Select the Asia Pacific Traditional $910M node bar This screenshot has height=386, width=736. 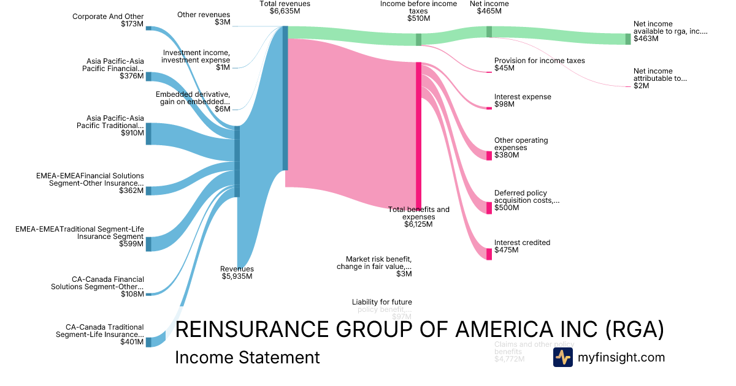[148, 134]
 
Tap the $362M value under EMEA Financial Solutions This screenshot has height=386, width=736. [131, 191]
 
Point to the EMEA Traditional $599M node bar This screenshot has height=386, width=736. [148, 244]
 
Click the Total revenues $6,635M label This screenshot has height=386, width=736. [285, 7]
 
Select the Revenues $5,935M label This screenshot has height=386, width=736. [237, 273]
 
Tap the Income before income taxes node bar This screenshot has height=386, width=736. [419, 40]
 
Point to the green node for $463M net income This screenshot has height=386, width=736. [627, 39]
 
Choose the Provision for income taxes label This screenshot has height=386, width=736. [539, 64]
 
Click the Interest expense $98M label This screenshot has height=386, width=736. [523, 100]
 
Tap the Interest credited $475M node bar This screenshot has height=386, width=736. [489, 254]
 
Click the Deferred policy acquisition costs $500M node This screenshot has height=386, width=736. [489, 208]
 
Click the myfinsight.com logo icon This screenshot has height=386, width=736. [562, 357]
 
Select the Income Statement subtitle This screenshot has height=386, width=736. [247, 357]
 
